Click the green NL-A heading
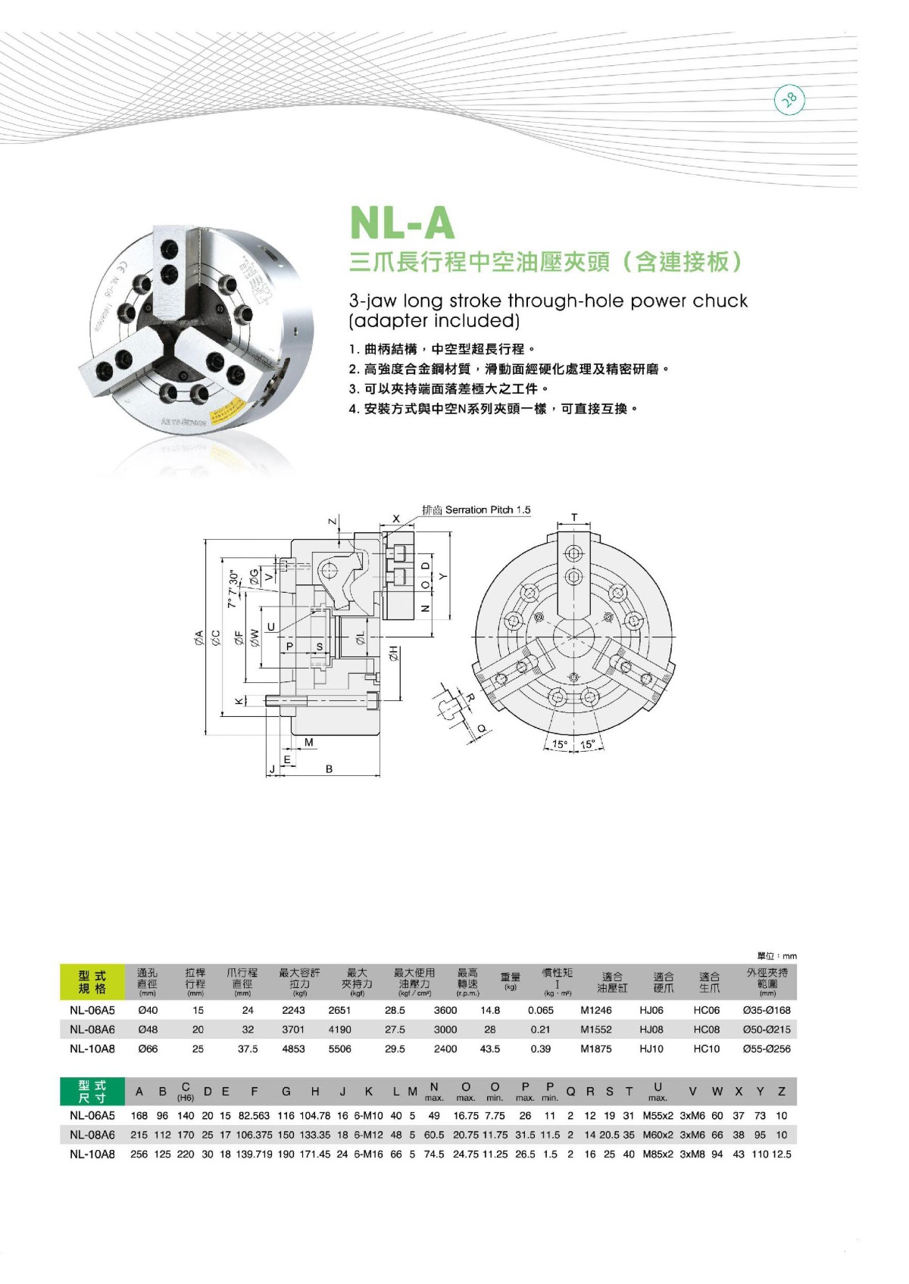pos(402,223)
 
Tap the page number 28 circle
pos(789,99)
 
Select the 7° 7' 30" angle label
pos(233,589)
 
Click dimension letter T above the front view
pos(574,518)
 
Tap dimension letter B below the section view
pos(329,768)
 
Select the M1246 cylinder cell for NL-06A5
pos(596,1010)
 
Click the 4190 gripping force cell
pos(339,1030)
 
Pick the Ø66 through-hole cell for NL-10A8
pos(148,1049)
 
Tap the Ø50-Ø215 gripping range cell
pos(766,1030)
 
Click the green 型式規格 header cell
pos(92,982)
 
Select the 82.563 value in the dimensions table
pos(254,1115)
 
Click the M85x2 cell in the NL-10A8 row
pos(658,1154)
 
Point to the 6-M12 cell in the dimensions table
pos(368,1135)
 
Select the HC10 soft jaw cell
pos(706,1049)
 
